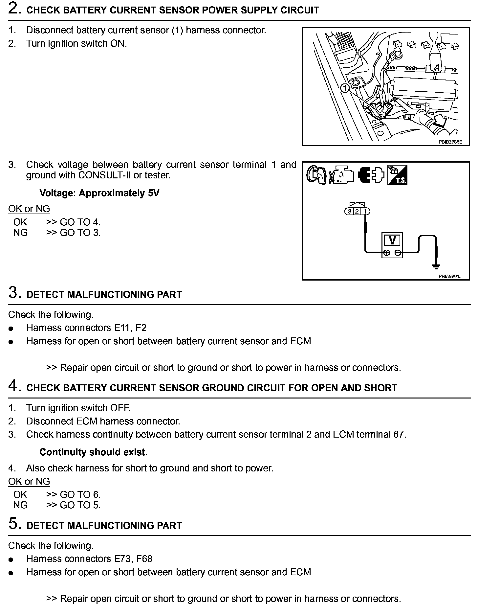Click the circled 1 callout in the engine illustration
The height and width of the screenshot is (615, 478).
pyautogui.click(x=345, y=88)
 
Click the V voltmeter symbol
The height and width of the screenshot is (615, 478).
pyautogui.click(x=392, y=240)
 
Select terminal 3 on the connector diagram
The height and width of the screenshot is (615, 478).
pyautogui.click(x=350, y=211)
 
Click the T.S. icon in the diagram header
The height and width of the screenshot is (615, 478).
pyautogui.click(x=397, y=174)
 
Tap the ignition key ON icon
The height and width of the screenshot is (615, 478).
pyautogui.click(x=316, y=174)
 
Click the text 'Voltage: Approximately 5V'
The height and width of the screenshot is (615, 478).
pyautogui.click(x=99, y=193)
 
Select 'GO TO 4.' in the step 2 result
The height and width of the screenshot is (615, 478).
pyautogui.click(x=80, y=222)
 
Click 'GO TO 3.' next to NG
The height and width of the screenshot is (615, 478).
pyautogui.click(x=80, y=233)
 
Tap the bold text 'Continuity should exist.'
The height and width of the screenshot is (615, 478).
pyautogui.click(x=93, y=452)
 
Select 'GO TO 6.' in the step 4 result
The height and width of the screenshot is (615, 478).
pyautogui.click(x=80, y=494)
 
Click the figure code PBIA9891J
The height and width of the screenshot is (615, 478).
pyautogui.click(x=450, y=276)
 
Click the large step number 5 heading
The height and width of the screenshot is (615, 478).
pyautogui.click(x=13, y=524)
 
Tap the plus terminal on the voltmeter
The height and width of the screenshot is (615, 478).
pyautogui.click(x=387, y=253)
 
